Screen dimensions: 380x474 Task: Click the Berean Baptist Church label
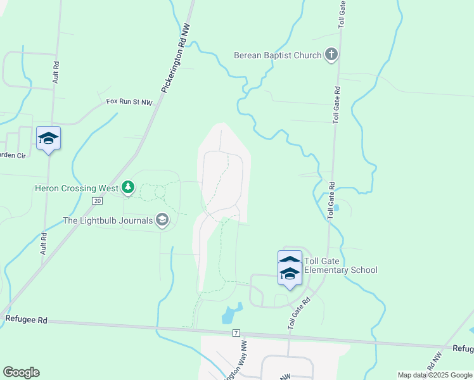pyautogui.click(x=278, y=55)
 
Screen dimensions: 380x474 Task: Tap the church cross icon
pyautogui.click(x=331, y=55)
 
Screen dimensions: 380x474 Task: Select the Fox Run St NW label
pyautogui.click(x=129, y=101)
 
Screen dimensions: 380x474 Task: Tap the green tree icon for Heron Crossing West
pyautogui.click(x=129, y=187)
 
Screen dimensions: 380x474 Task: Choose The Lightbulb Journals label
pyautogui.click(x=107, y=220)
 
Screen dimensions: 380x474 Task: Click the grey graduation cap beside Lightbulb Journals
pyautogui.click(x=162, y=220)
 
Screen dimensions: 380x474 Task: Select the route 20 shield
pyautogui.click(x=97, y=200)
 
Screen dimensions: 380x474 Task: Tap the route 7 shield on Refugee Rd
pyautogui.click(x=236, y=332)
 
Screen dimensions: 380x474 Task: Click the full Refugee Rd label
pyautogui.click(x=26, y=320)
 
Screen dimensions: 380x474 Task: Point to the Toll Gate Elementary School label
pyautogui.click(x=340, y=265)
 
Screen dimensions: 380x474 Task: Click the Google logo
pyautogui.click(x=22, y=372)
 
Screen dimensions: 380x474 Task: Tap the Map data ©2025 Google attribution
pyautogui.click(x=434, y=375)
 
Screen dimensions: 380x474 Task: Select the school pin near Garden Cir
pyautogui.click(x=48, y=139)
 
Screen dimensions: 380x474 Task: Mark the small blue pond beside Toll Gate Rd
pyautogui.click(x=335, y=206)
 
